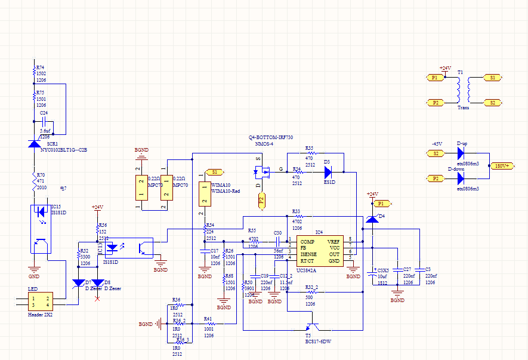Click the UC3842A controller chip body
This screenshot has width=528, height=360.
[319, 251]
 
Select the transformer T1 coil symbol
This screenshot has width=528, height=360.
[464, 90]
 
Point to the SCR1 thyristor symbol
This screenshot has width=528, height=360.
[34, 144]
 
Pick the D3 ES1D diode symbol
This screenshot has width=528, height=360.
[328, 173]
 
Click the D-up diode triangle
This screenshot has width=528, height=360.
[460, 153]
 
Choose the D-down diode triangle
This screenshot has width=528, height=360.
[460, 178]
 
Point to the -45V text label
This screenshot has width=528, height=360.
[437, 144]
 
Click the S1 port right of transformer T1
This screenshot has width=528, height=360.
[492, 78]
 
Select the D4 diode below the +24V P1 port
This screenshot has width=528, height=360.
[372, 219]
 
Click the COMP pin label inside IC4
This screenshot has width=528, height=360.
[307, 241]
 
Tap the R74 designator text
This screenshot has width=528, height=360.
[40, 67]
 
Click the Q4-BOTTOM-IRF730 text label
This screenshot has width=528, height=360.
[271, 137]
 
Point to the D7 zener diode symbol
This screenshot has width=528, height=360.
[78, 282]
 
